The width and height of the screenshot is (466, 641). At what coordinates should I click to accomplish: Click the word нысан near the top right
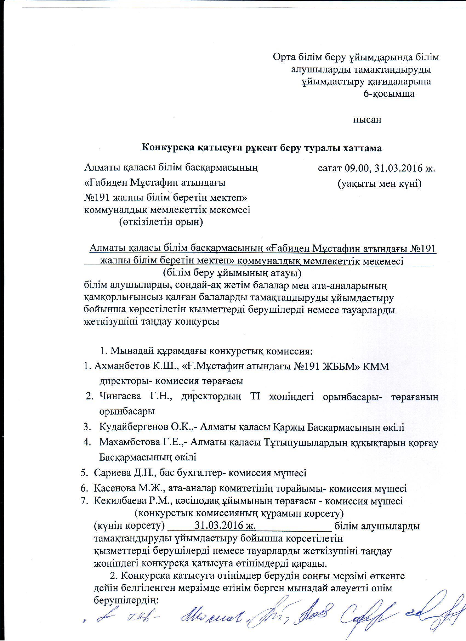pyautogui.click(x=367, y=120)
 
